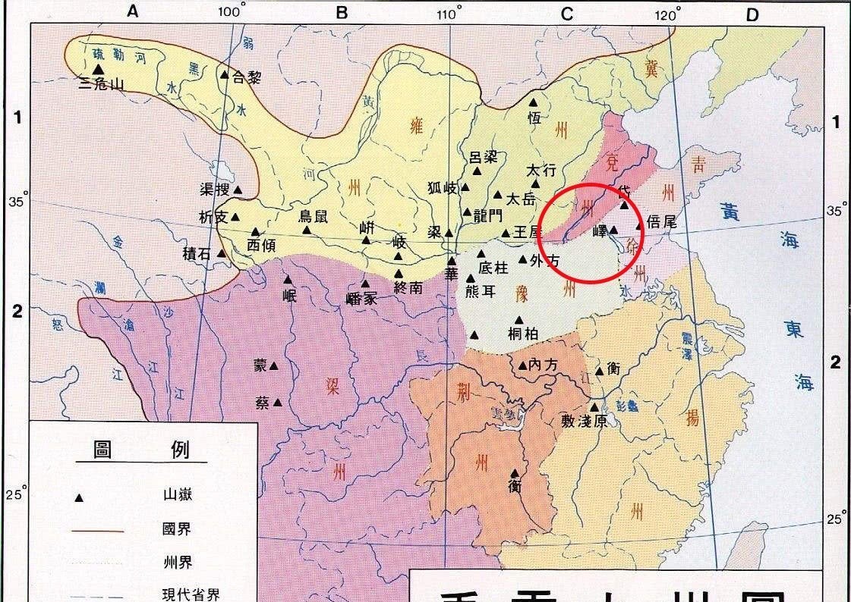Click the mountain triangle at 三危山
(97, 69)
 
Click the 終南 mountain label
(408, 287)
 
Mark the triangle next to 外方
(523, 259)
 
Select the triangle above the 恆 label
(534, 102)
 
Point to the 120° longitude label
(669, 14)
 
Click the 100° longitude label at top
(232, 12)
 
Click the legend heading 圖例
(141, 450)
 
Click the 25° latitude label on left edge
(16, 495)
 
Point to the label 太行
(541, 171)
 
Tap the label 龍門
(487, 213)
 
